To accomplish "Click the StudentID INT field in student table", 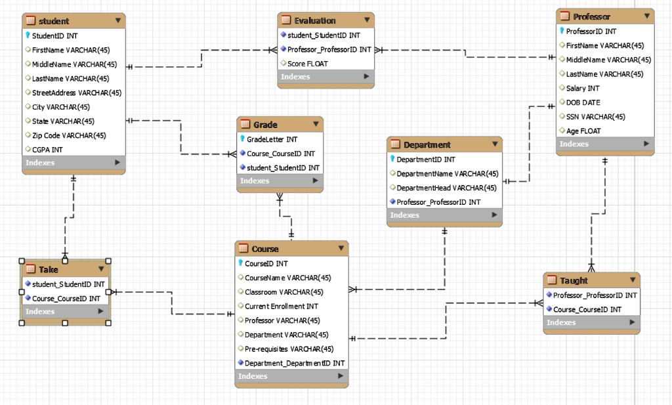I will [54, 35].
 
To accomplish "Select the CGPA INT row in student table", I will [47, 150].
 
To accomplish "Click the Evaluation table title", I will [315, 20].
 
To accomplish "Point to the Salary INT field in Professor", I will [583, 88].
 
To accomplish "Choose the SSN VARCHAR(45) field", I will [595, 117].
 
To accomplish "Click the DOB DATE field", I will [583, 102].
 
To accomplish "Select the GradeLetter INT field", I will [272, 139].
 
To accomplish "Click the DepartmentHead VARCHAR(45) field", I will [446, 188].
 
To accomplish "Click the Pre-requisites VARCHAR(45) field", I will [289, 349].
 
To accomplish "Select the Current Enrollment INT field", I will [281, 306].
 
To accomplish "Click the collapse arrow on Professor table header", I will [646, 16].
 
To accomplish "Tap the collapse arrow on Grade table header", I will [315, 125].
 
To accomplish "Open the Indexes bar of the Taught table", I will [591, 322].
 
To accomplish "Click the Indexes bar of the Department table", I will [444, 215].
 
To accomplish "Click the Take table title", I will [49, 269].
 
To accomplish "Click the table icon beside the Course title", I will [243, 249].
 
